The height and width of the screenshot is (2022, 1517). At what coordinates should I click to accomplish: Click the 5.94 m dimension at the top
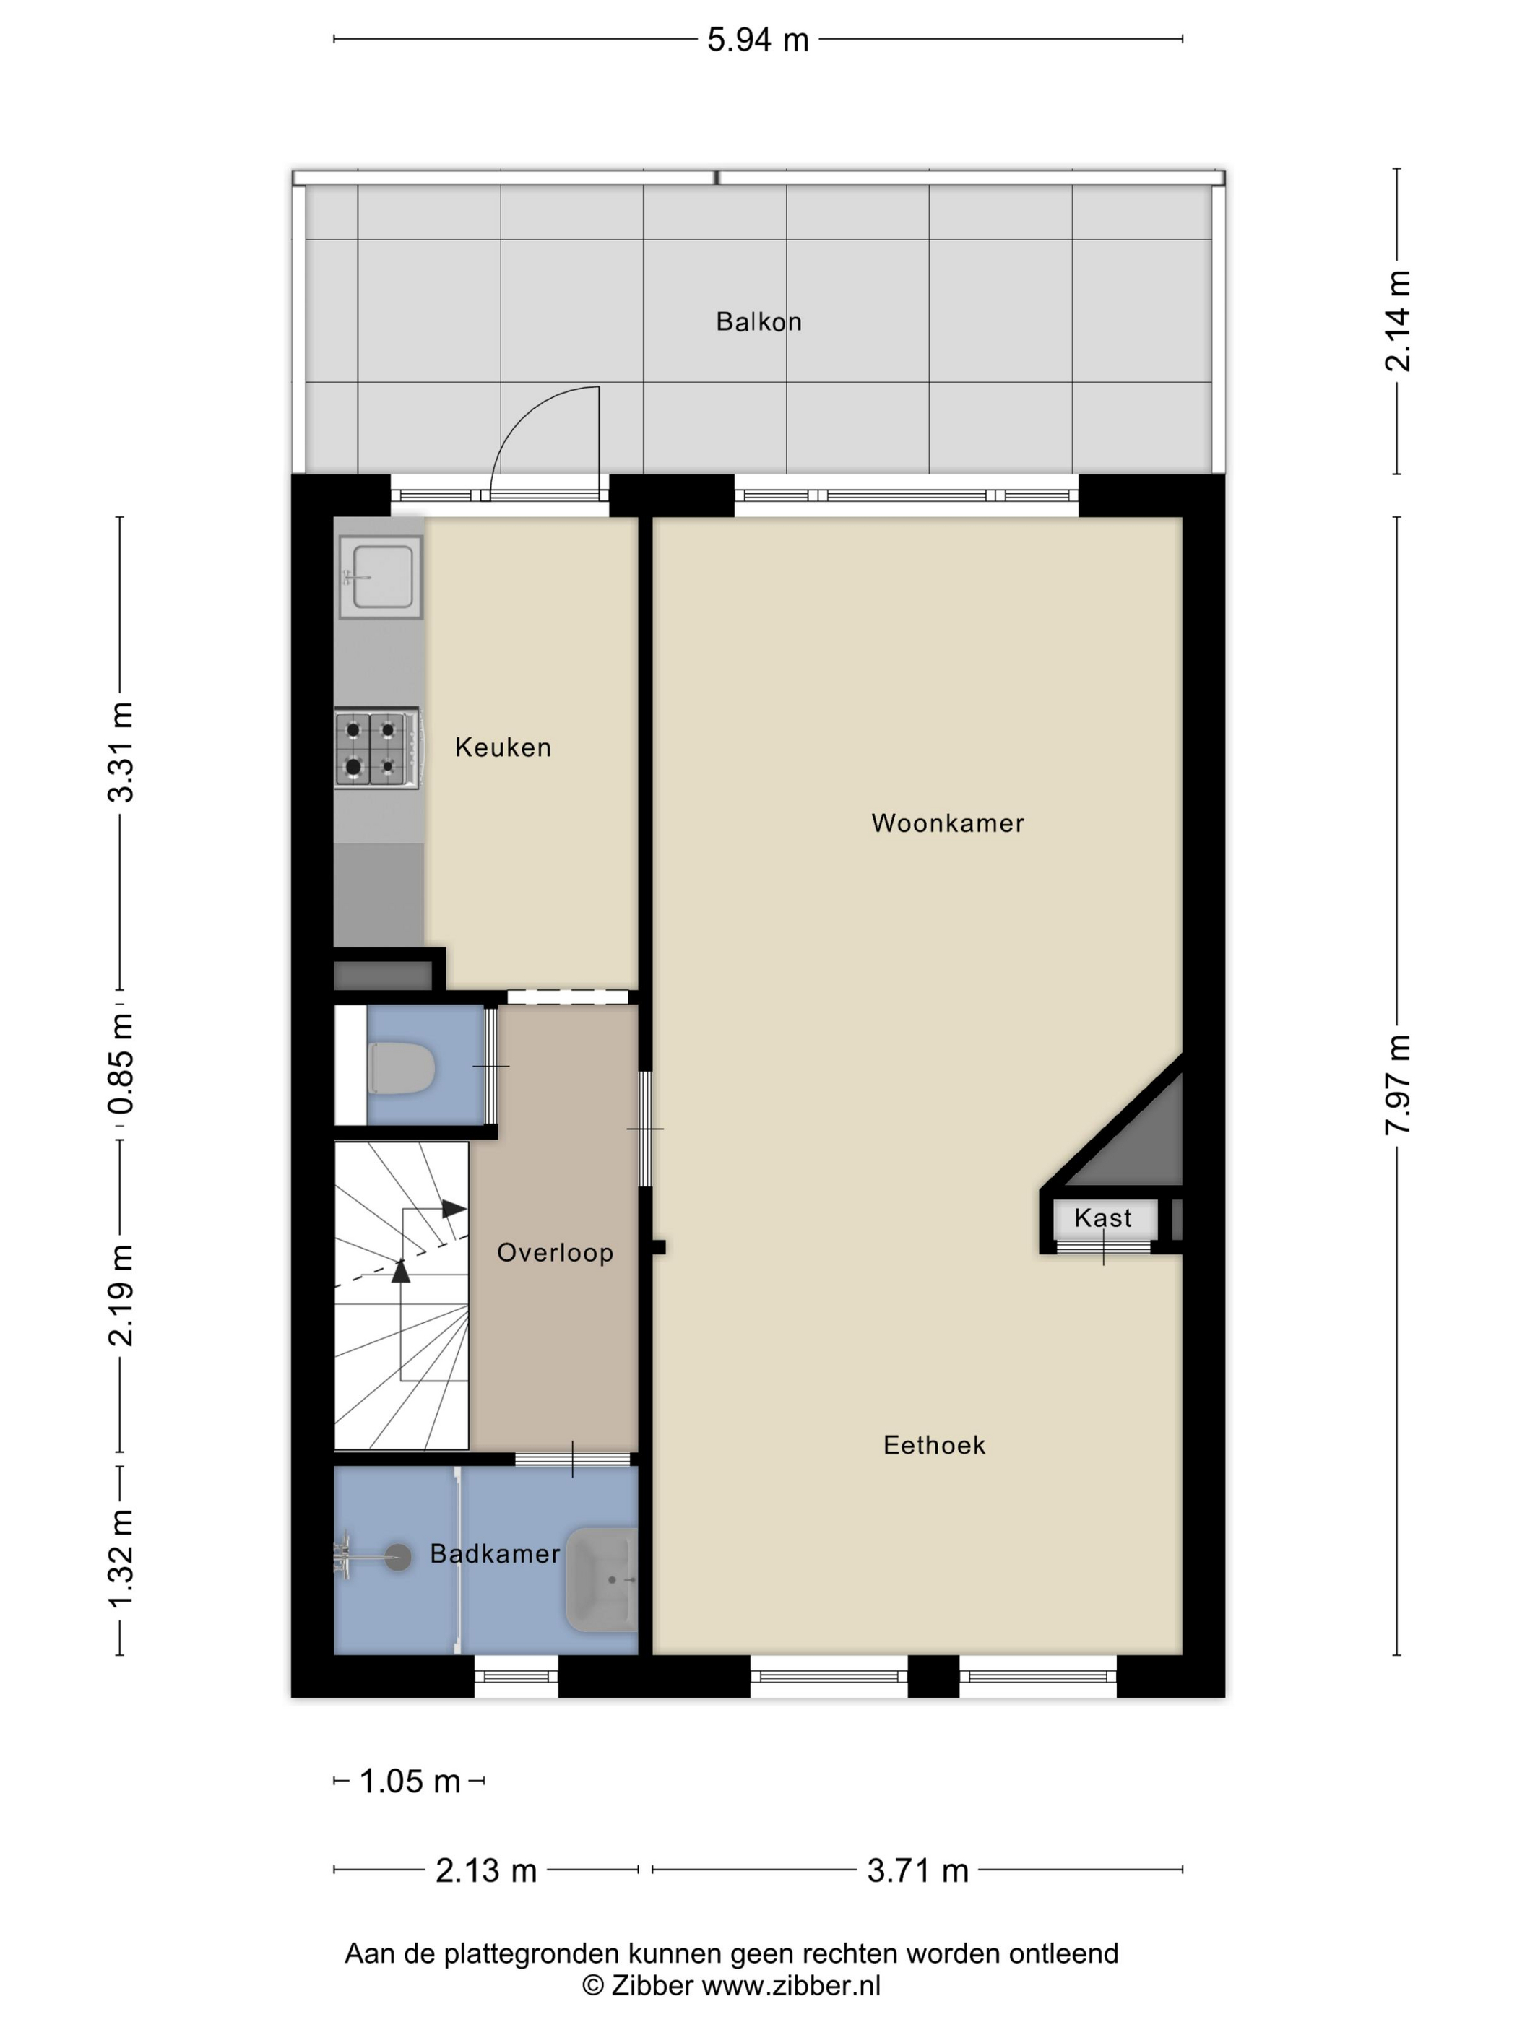[x=757, y=40]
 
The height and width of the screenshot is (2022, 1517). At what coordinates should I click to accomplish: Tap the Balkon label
[x=758, y=322]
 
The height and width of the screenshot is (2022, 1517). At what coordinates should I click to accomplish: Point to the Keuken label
[x=503, y=747]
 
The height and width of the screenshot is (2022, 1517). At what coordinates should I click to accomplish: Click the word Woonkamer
[x=947, y=823]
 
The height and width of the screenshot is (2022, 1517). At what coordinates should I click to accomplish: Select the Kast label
[x=1103, y=1218]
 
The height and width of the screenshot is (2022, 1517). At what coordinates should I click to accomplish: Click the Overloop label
[x=555, y=1252]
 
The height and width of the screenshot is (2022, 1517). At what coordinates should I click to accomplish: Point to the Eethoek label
[x=933, y=1445]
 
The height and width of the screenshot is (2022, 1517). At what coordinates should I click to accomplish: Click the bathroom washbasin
[x=602, y=1579]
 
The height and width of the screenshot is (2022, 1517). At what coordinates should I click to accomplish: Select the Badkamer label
[x=495, y=1554]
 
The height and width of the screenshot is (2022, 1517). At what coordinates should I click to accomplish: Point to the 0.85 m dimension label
[x=121, y=1063]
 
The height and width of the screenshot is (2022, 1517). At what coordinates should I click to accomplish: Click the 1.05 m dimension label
[x=410, y=1782]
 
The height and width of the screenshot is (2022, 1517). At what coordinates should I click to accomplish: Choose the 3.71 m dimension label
[x=917, y=1871]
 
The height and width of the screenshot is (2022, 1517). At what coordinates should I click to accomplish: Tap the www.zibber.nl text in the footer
[x=791, y=1985]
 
